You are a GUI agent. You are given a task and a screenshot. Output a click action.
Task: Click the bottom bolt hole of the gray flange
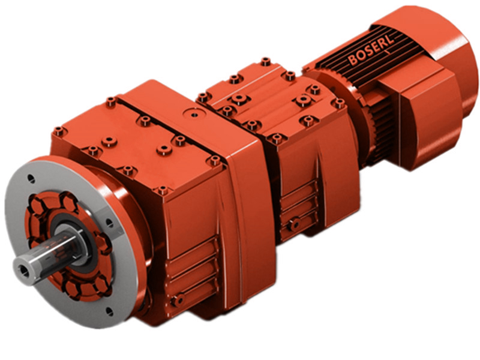coord(109,311)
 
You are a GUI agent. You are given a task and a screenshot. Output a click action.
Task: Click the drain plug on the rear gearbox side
coord(293,224)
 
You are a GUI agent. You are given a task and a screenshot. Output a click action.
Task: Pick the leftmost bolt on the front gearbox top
coord(58,131)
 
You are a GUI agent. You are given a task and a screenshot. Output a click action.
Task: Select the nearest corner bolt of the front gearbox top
coord(163,191)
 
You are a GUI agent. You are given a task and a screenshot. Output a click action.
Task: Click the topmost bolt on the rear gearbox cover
coord(265,61)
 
